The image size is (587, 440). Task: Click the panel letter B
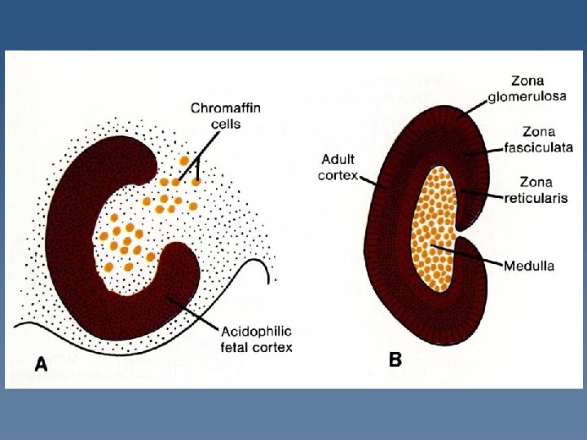point(395,359)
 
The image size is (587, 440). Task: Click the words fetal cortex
point(257,347)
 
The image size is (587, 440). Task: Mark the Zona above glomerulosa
point(528,81)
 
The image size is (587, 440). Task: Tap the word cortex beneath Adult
point(338,174)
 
